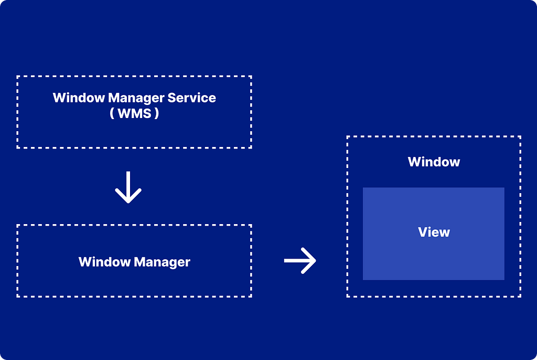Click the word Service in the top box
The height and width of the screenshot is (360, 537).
[191, 98]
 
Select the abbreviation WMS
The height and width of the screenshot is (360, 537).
[134, 113]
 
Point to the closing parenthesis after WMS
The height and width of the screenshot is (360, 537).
[156, 113]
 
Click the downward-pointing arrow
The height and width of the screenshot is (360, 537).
[128, 187]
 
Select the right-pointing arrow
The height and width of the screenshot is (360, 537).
[300, 260]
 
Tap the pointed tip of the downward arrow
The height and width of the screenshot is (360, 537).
[128, 202]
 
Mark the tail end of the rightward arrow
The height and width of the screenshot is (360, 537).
[285, 260]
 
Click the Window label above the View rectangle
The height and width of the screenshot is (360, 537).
[434, 162]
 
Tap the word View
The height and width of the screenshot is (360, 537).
[434, 232]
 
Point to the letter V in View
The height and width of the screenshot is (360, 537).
[423, 232]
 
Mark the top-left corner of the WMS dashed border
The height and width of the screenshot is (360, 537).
[18, 77]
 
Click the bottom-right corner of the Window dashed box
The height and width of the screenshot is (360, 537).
[520, 296]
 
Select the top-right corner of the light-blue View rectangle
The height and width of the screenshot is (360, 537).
[504, 188]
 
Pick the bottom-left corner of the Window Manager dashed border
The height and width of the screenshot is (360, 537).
[18, 296]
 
